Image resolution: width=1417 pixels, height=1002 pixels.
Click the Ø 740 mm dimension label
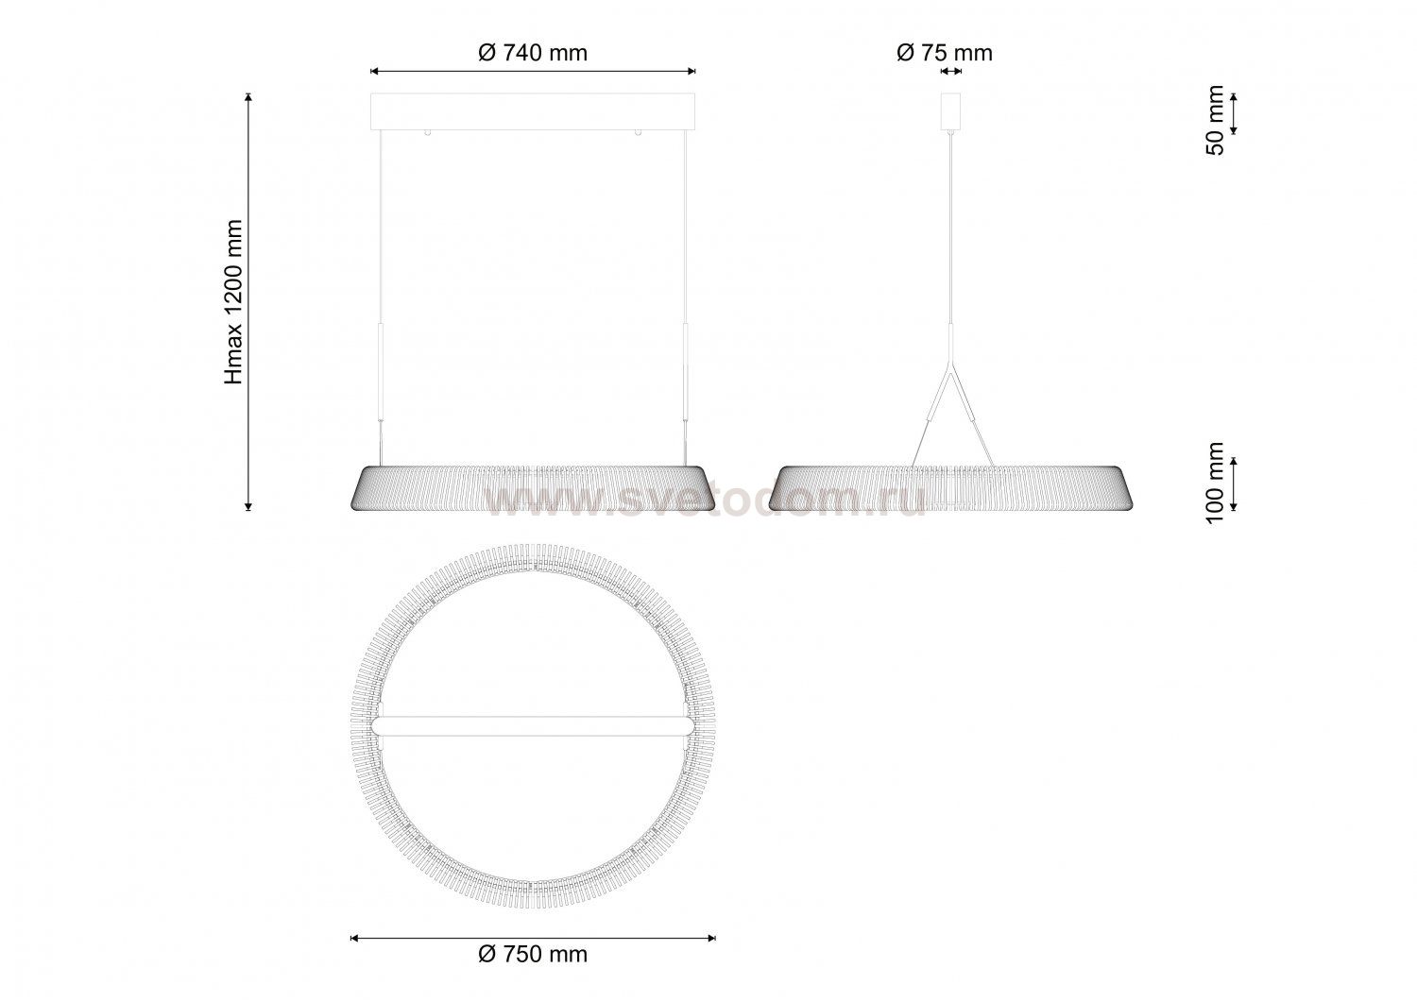point(533,53)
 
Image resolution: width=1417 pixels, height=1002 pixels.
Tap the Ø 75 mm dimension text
point(945,53)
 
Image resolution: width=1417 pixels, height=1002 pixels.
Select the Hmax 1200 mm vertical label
point(234,302)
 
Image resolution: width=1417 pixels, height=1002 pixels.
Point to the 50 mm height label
point(1215,120)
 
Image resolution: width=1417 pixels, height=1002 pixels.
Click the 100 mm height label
point(1215,484)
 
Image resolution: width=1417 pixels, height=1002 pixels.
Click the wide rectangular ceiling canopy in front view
point(533,112)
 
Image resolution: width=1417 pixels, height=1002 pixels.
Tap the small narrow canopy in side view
point(950,112)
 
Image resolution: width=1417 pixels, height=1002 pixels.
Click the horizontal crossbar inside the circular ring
point(533,726)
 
